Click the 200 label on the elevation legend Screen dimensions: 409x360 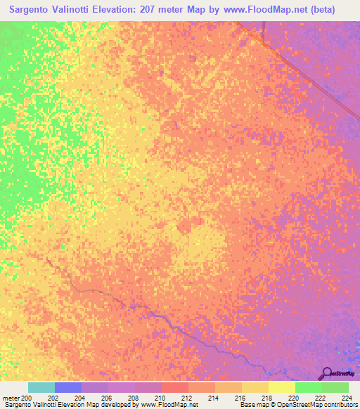pos(27,398)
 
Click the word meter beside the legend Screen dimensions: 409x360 pos(11,398)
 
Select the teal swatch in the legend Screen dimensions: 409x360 pos(41,387)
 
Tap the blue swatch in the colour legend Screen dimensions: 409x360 pos(68,387)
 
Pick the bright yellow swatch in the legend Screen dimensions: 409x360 pos(281,387)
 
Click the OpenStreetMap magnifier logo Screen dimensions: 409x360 pos(326,372)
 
